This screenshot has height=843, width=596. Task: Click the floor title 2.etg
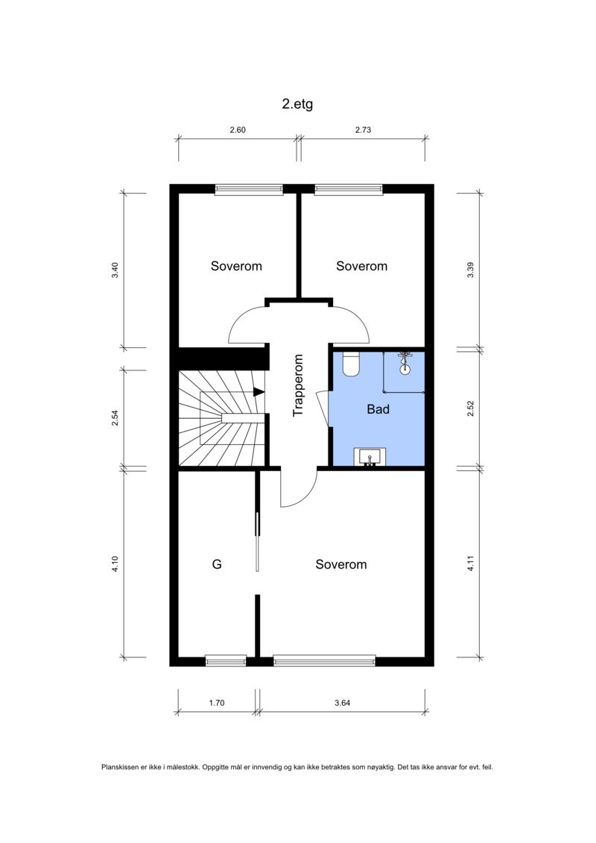click(x=297, y=104)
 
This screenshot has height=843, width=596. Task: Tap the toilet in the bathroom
click(x=351, y=363)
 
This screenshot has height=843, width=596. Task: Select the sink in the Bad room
click(x=370, y=456)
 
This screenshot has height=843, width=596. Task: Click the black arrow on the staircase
click(x=258, y=391)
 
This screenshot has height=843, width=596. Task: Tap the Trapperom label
click(x=298, y=385)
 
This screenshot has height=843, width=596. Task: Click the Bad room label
click(x=378, y=409)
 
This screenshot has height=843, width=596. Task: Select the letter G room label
click(x=217, y=564)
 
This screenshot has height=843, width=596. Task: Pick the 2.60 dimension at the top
click(x=237, y=130)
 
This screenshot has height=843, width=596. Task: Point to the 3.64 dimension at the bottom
click(x=343, y=702)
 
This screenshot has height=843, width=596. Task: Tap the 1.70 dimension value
click(x=217, y=702)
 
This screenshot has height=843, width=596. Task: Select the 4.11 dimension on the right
click(x=470, y=564)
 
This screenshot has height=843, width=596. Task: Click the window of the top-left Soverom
click(x=249, y=189)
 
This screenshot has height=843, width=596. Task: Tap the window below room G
click(x=225, y=660)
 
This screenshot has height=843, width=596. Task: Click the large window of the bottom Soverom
click(x=324, y=660)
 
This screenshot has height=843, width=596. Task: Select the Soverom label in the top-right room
click(x=361, y=266)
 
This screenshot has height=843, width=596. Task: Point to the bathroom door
click(x=323, y=408)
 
